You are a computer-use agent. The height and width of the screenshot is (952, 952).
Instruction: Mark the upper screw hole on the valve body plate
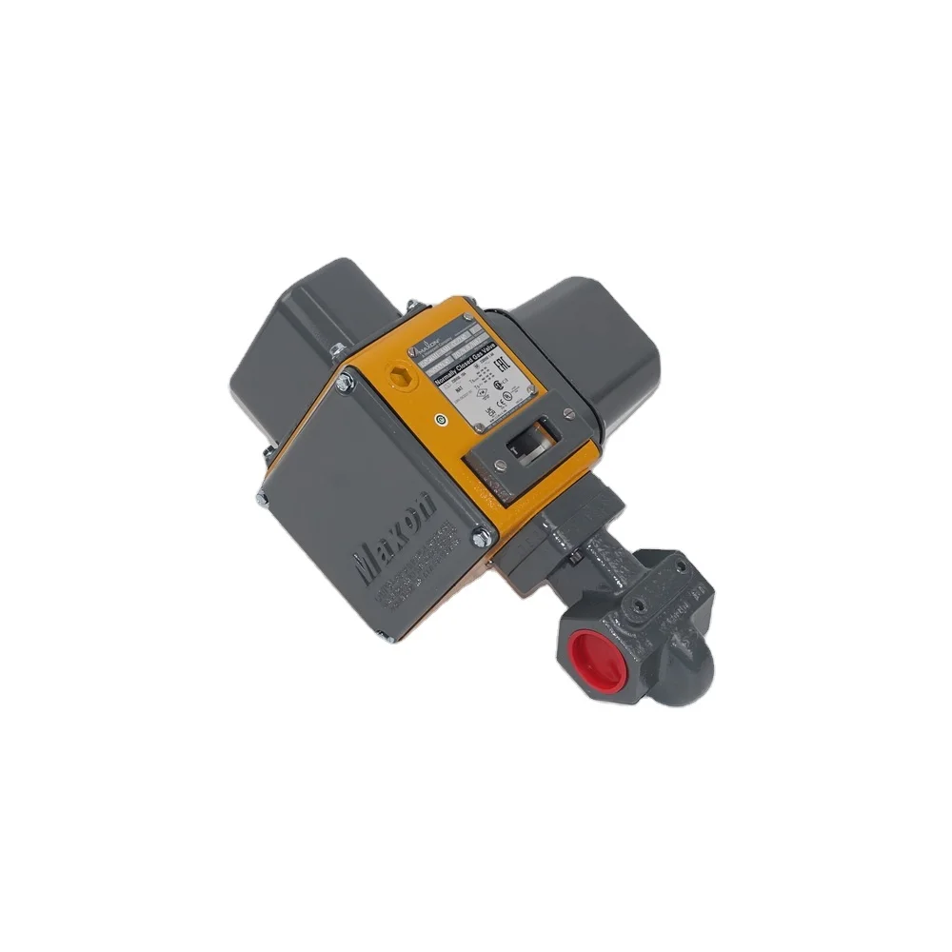click(x=680, y=565)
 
